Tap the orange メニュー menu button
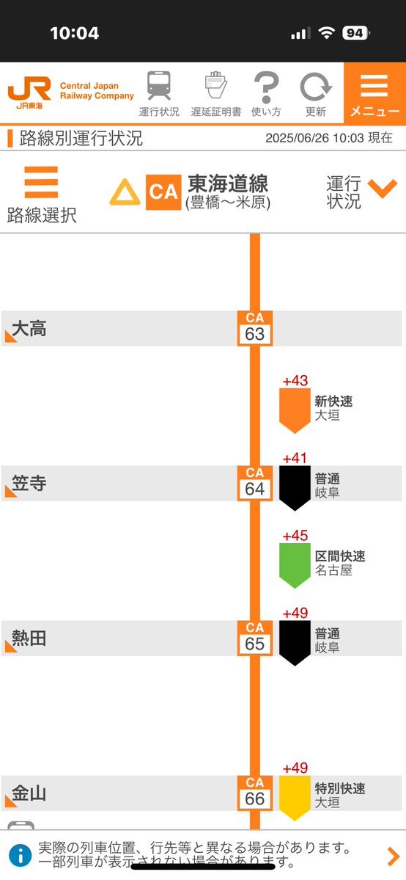pyautogui.click(x=374, y=94)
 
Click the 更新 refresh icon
pyautogui.click(x=316, y=87)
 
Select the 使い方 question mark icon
pyautogui.click(x=266, y=87)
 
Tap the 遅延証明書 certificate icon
pyautogui.click(x=216, y=85)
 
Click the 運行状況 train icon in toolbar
pyautogui.click(x=159, y=86)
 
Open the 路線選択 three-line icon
pyautogui.click(x=41, y=182)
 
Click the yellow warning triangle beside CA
pyautogui.click(x=125, y=192)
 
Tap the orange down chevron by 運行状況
pyautogui.click(x=383, y=189)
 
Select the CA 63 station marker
pyautogui.click(x=254, y=328)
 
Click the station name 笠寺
pyautogui.click(x=29, y=483)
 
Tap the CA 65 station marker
pyautogui.click(x=254, y=638)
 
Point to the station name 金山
pyautogui.click(x=29, y=793)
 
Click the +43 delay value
pyautogui.click(x=295, y=381)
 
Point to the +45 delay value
pyautogui.click(x=295, y=536)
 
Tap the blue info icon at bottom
pyautogui.click(x=21, y=855)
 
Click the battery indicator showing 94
pyautogui.click(x=355, y=33)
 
